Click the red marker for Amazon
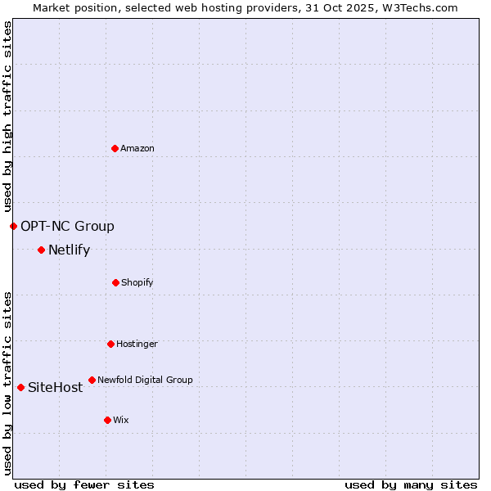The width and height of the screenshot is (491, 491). [x=115, y=148]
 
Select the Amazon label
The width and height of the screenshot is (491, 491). [x=137, y=148]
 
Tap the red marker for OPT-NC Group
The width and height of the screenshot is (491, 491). [x=13, y=226]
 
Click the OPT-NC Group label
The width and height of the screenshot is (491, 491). [x=67, y=226]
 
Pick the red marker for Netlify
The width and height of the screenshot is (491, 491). [x=41, y=250]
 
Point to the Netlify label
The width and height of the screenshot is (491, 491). [x=69, y=250]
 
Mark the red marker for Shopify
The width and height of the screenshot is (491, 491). [x=115, y=282]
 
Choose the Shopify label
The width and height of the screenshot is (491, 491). [x=137, y=282]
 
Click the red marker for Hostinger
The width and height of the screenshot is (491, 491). [x=110, y=344]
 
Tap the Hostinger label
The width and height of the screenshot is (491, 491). [x=137, y=344]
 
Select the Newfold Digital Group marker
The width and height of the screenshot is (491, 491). [x=92, y=380]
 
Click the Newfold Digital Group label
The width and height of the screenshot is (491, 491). [x=145, y=380]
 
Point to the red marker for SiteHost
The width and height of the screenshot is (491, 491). [x=20, y=387]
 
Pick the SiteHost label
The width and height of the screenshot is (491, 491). [x=55, y=388]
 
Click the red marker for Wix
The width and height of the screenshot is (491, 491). [x=107, y=420]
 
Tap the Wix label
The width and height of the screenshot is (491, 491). [x=121, y=420]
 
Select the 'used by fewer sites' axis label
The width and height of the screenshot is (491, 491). [x=84, y=484]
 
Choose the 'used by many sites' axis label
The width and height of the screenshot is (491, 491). [x=411, y=484]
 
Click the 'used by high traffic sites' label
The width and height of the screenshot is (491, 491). [x=7, y=116]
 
